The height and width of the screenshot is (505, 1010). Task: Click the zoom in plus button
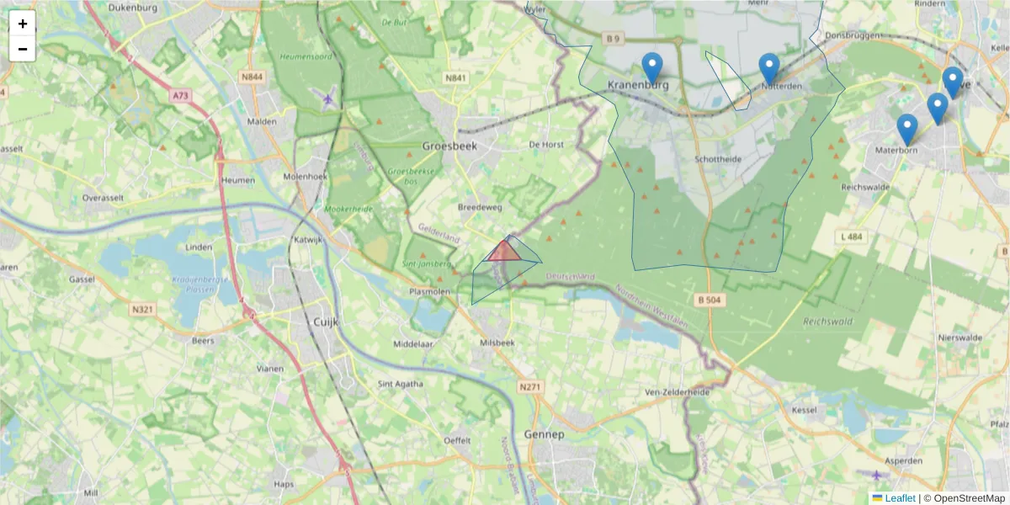pyautogui.click(x=23, y=24)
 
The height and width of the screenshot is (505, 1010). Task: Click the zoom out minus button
pyautogui.click(x=23, y=49)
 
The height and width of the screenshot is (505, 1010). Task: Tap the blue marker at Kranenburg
pyautogui.click(x=651, y=66)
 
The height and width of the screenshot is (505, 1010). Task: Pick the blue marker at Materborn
pyautogui.click(x=906, y=129)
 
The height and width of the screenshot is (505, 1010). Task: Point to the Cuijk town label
pyautogui.click(x=325, y=321)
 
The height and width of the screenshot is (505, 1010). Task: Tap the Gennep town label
pyautogui.click(x=542, y=434)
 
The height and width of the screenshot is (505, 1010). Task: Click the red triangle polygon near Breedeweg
pyautogui.click(x=505, y=252)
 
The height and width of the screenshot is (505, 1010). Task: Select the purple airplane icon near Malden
pyautogui.click(x=328, y=99)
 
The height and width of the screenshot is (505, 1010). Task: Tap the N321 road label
pyautogui.click(x=142, y=309)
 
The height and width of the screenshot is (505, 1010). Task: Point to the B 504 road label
pyautogui.click(x=710, y=300)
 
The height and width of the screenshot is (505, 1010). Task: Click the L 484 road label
pyautogui.click(x=852, y=237)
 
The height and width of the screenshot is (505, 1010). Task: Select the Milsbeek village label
pyautogui.click(x=496, y=343)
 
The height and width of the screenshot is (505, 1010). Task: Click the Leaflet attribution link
pyautogui.click(x=899, y=498)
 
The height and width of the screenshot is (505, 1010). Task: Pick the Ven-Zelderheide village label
pyautogui.click(x=677, y=392)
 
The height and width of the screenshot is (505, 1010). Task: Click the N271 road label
pyautogui.click(x=529, y=387)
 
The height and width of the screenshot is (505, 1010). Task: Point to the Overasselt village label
pyautogui.click(x=104, y=198)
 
